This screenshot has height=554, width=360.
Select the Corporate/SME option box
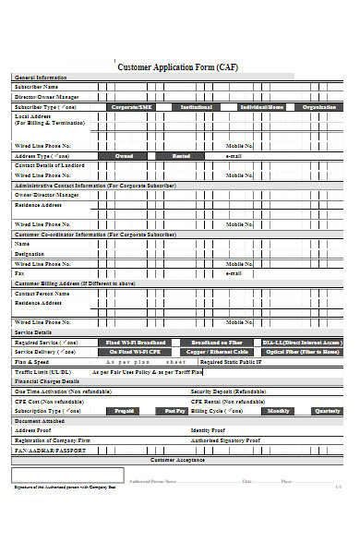click(x=131, y=107)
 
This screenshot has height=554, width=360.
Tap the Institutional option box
click(x=196, y=107)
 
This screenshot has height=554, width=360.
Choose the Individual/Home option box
click(x=261, y=107)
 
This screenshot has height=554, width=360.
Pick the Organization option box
click(x=319, y=107)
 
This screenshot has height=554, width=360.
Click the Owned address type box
click(x=124, y=156)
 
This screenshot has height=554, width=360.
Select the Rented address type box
click(x=181, y=156)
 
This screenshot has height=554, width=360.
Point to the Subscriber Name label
click(x=42, y=87)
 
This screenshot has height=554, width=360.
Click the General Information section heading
click(x=40, y=78)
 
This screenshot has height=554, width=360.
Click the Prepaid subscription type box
click(x=124, y=410)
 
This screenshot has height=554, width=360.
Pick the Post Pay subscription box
click(x=175, y=410)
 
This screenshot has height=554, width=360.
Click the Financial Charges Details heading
click(x=52, y=380)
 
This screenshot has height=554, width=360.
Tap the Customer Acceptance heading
click(x=178, y=459)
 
